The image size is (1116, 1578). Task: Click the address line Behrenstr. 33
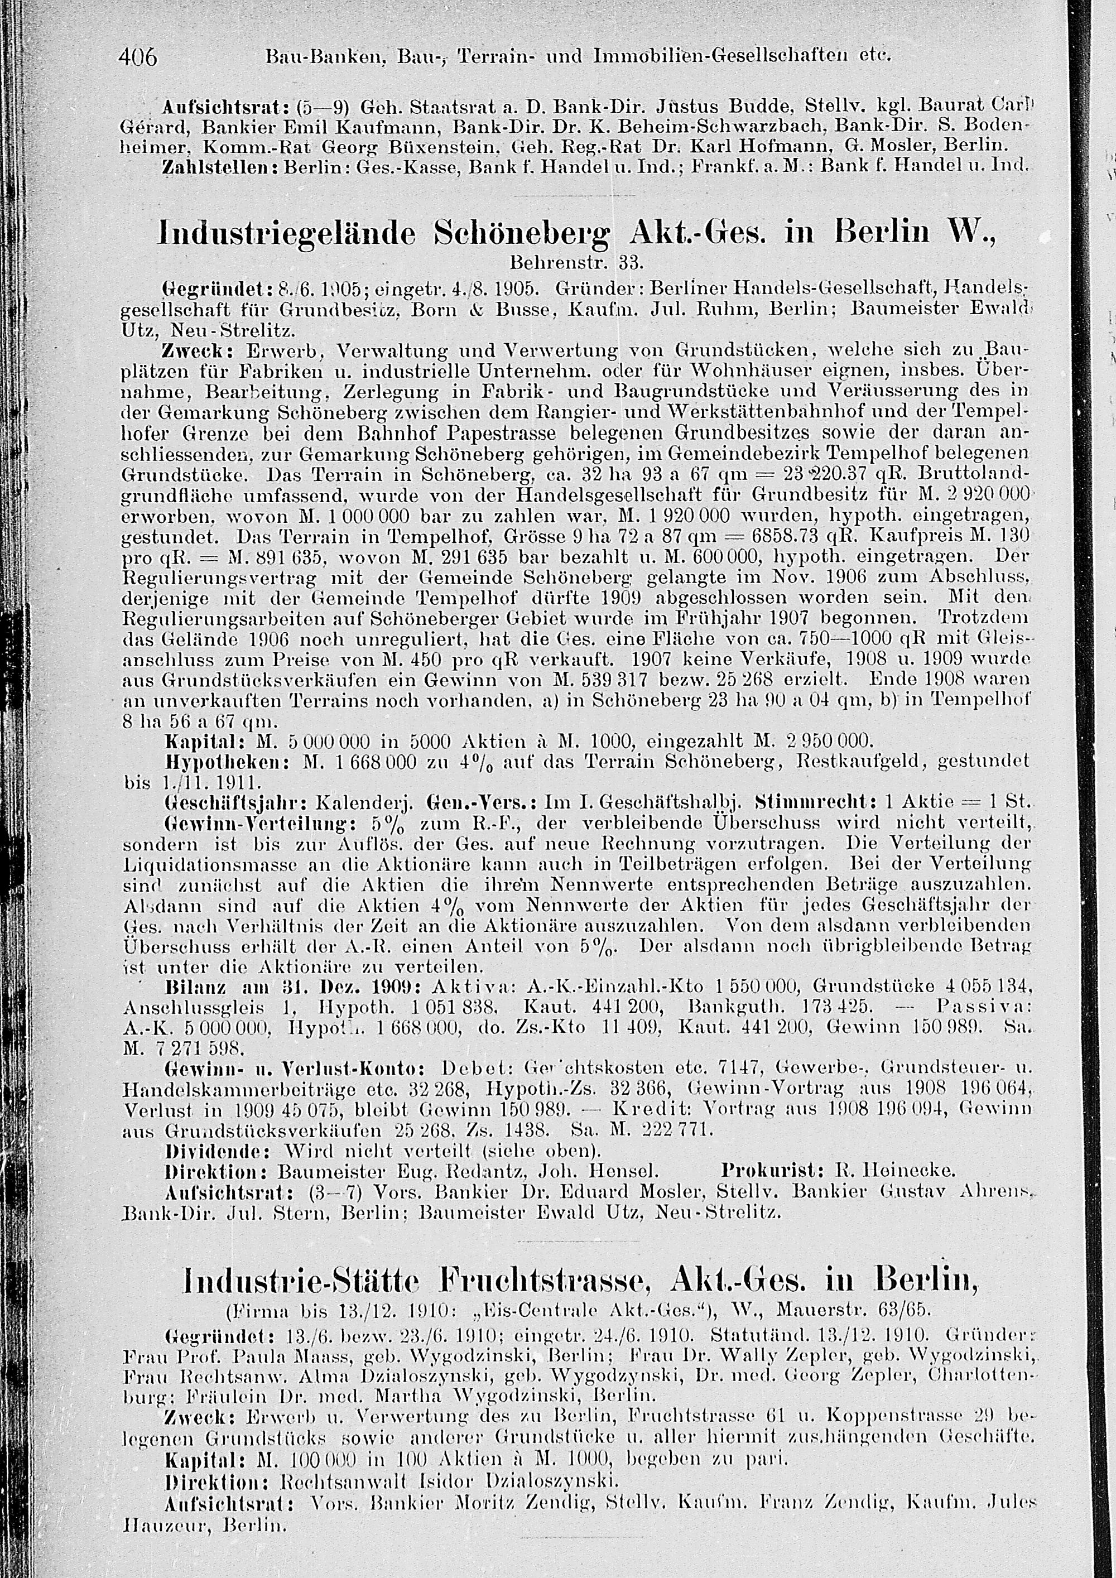click(x=576, y=262)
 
